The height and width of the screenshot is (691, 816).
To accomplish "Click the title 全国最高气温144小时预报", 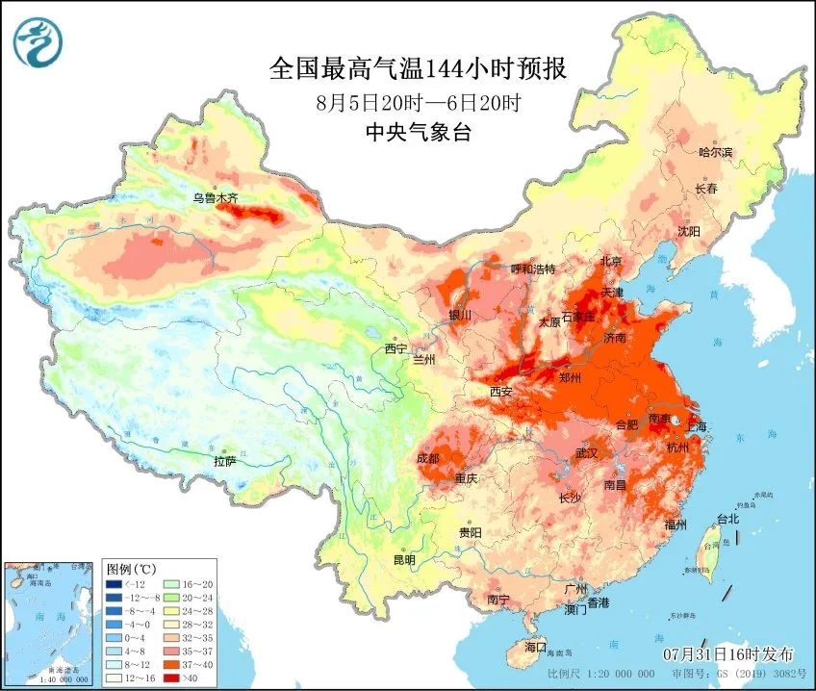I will coord(418,69).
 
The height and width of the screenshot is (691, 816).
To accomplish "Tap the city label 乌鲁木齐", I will coord(215,198).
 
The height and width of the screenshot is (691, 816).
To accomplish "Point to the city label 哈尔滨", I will coord(715,152).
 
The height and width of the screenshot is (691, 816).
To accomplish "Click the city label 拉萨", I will coord(224,461).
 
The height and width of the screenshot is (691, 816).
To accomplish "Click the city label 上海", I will coord(695,426).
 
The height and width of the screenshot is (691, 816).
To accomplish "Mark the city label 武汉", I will coord(586,452).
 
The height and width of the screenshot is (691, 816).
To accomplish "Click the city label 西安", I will coord(501,392).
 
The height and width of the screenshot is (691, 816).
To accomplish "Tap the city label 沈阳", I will coord(688,231).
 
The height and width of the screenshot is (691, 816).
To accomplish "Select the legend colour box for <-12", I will coord(114,583).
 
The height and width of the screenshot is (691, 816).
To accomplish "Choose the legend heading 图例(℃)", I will coord(130,569).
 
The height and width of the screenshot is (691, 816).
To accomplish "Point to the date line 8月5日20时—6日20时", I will coord(418,102).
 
